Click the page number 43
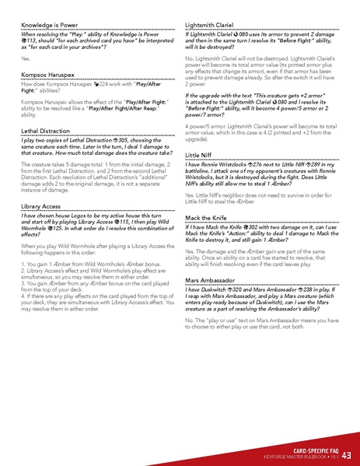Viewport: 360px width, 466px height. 346,454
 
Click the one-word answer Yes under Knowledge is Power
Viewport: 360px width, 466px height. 25,58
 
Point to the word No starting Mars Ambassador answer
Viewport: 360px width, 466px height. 190,321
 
